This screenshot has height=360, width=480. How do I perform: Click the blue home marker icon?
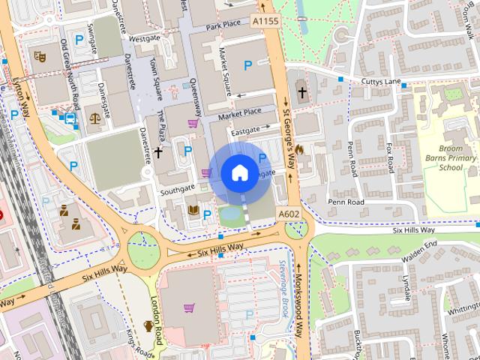point(238,172)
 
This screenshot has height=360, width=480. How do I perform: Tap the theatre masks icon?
point(40,56)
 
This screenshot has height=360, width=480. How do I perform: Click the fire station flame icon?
point(300,150)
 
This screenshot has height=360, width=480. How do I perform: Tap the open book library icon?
point(193,210)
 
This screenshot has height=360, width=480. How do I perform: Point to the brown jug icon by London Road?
point(148,326)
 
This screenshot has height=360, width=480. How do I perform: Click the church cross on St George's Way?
point(302,93)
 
